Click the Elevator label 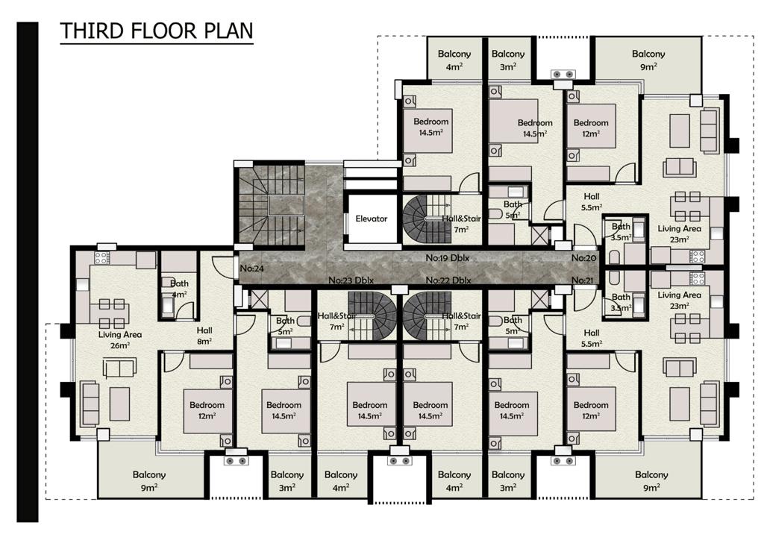pyautogui.click(x=372, y=219)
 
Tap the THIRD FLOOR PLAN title pyautogui.click(x=157, y=31)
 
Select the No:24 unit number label pyautogui.click(x=252, y=269)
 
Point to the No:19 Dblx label pyautogui.click(x=448, y=258)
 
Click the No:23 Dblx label pyautogui.click(x=351, y=280)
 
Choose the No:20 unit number pyautogui.click(x=583, y=258)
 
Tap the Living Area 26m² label pyautogui.click(x=120, y=340)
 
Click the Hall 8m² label pyautogui.click(x=204, y=336)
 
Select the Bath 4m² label pyautogui.click(x=179, y=289)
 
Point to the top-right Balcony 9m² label pyautogui.click(x=648, y=60)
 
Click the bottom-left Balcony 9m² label pyautogui.click(x=149, y=480)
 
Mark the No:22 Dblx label pyautogui.click(x=448, y=280)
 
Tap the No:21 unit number pyautogui.click(x=583, y=280)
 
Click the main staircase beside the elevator pyautogui.click(x=270, y=204)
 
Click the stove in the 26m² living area pyautogui.click(x=101, y=258)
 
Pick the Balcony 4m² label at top pyautogui.click(x=454, y=60)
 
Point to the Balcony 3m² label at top pyautogui.click(x=507, y=60)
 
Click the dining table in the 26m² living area pyautogui.click(x=112, y=314)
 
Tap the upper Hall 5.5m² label pyautogui.click(x=592, y=201)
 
